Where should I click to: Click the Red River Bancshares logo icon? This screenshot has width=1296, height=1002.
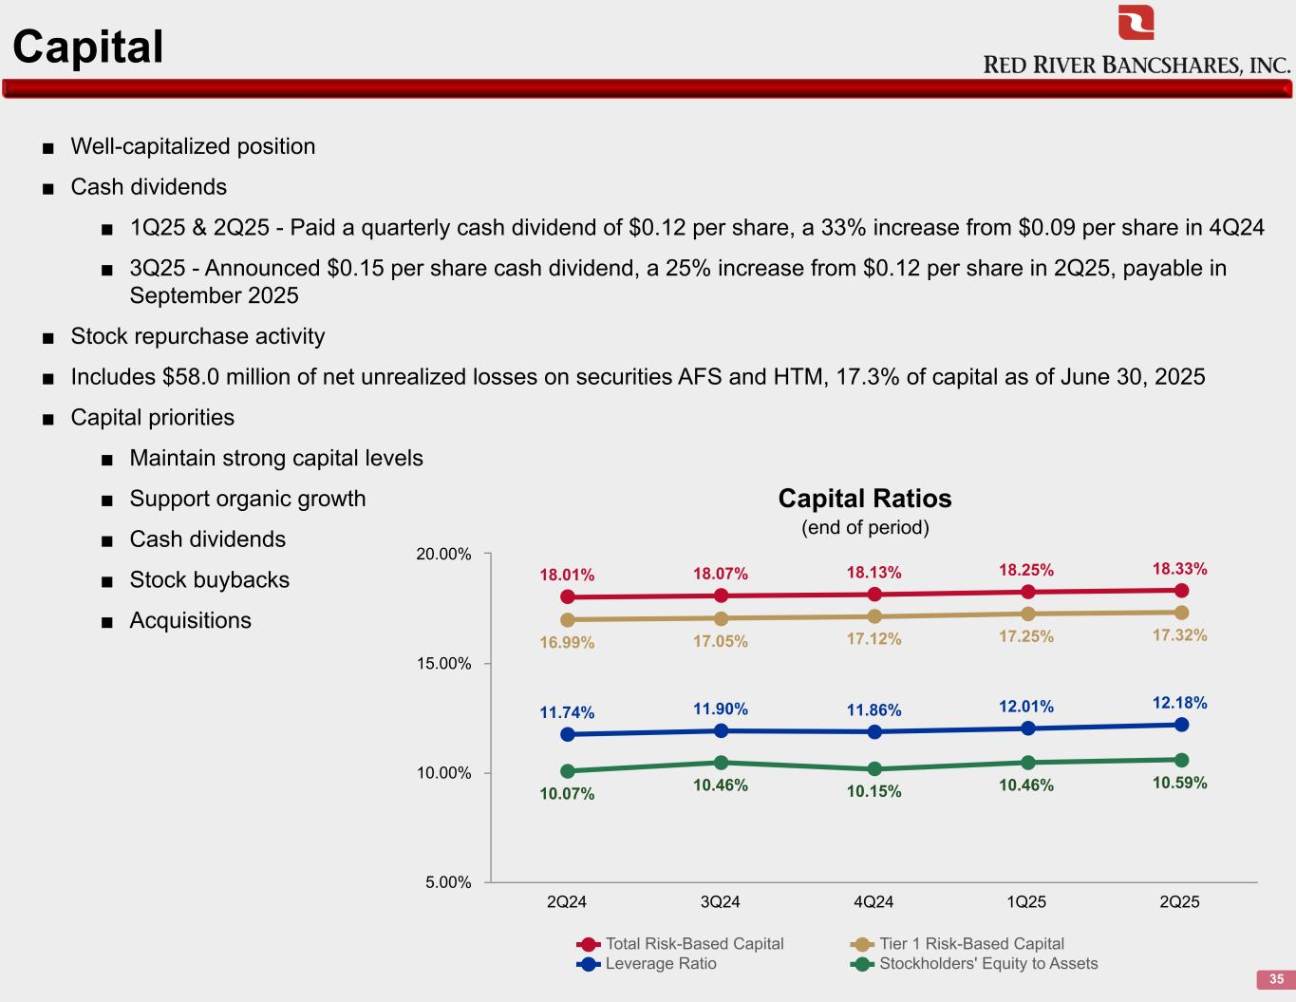tap(1136, 23)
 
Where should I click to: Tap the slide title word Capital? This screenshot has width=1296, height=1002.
tap(88, 47)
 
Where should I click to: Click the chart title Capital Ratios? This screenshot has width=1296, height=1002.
tap(864, 499)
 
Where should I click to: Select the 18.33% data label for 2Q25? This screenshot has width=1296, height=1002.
tap(1179, 569)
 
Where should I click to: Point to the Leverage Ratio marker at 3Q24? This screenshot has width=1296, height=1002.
tap(721, 731)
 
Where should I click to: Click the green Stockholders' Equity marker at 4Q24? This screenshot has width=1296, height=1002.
tap(874, 769)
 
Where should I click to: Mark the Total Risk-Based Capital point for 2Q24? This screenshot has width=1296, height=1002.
tap(568, 597)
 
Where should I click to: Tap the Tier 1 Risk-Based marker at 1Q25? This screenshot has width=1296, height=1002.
tap(1027, 614)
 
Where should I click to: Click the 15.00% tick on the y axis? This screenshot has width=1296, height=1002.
tap(443, 664)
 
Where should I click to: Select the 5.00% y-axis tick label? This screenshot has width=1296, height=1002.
tap(448, 882)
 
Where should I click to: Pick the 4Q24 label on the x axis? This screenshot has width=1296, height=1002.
tap(873, 902)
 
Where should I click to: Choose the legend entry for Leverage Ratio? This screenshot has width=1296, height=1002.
tap(661, 964)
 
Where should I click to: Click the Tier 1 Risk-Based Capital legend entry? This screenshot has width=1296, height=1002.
tap(971, 944)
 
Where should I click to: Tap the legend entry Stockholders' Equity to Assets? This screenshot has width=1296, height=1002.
tap(987, 964)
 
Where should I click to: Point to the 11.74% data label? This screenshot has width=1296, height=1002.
tap(567, 712)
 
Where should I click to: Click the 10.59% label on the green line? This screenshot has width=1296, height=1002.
tap(1179, 783)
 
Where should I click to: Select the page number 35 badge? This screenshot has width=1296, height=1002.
tap(1276, 979)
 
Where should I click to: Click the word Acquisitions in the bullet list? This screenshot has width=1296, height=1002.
tap(190, 621)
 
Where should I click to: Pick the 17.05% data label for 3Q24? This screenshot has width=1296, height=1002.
tap(720, 642)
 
